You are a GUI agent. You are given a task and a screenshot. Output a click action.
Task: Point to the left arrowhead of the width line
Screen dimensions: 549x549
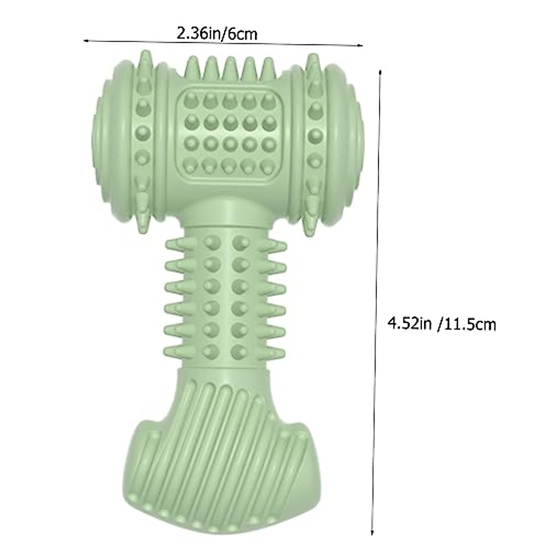coord(86,40)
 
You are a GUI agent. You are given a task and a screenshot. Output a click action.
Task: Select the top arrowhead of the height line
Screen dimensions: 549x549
coord(380,72)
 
